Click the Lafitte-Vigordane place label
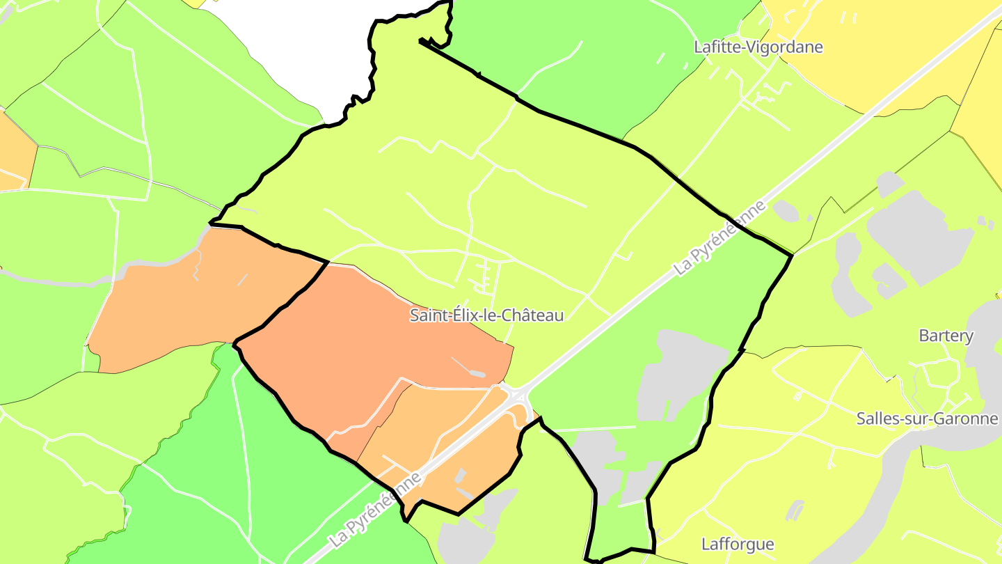pyautogui.click(x=758, y=47)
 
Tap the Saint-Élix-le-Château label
pyautogui.click(x=486, y=315)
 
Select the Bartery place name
pyautogui.click(x=946, y=336)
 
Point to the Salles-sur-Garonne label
pyautogui.click(x=928, y=418)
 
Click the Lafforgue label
pyautogui.click(x=738, y=544)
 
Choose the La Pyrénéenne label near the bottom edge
pyautogui.click(x=375, y=510)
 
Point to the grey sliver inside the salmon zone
pyautogui.click(x=468, y=368)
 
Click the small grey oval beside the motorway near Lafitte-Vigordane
pyautogui.click(x=786, y=210)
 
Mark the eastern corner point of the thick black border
pyautogui.click(x=792, y=256)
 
